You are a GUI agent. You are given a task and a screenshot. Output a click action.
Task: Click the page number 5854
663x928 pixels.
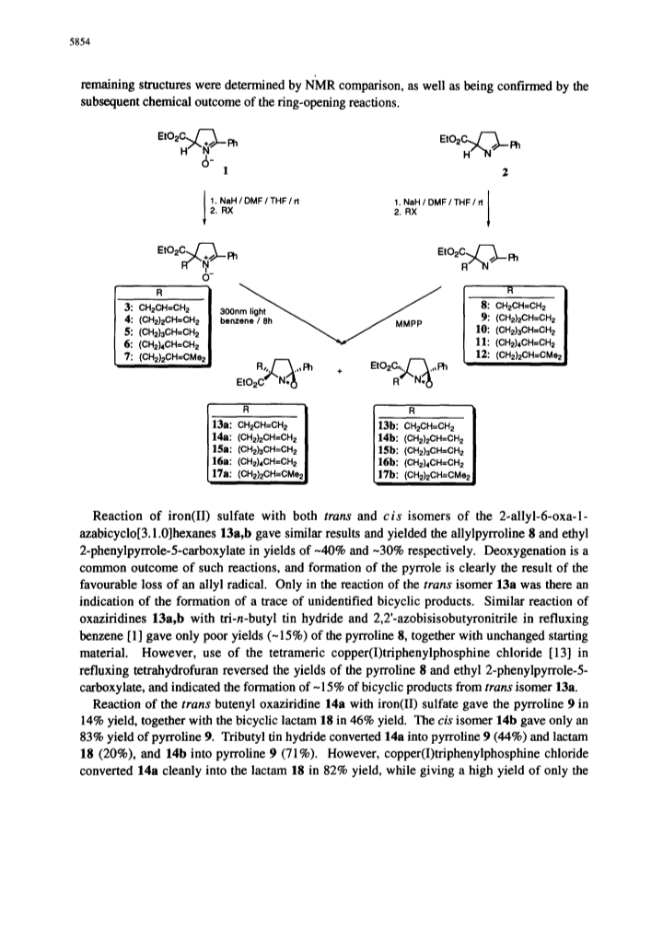click(79, 42)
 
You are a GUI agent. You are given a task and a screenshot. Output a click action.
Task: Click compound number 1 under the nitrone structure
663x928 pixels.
click(225, 172)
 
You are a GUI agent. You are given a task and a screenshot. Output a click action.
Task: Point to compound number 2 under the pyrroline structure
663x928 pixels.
click(505, 173)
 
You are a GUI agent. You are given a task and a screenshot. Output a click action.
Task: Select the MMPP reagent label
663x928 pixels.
click(405, 324)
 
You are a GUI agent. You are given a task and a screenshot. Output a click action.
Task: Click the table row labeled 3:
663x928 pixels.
click(157, 307)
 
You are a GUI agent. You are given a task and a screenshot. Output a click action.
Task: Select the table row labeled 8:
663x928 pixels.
click(512, 306)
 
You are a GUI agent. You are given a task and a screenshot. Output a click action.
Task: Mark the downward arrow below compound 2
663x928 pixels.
click(488, 208)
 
